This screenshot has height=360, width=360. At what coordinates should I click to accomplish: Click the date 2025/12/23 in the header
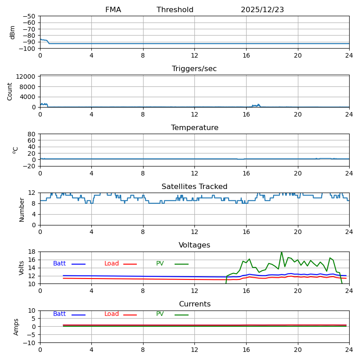point(262,10)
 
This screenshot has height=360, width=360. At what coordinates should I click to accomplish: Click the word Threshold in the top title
point(175,10)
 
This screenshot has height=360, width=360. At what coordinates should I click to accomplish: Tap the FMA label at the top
point(113,10)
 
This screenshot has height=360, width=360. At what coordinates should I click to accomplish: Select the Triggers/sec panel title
point(194,69)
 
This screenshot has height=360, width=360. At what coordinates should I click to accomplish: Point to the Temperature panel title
point(194,128)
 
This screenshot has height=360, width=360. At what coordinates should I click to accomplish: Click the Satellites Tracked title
point(194,187)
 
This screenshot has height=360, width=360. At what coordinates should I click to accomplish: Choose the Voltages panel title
point(194,245)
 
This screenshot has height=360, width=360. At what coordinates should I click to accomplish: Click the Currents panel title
point(194,304)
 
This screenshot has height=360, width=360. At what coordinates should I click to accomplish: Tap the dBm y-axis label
point(13,32)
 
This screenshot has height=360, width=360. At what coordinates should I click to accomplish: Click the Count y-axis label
point(10,91)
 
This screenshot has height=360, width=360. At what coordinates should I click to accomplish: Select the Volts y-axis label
point(22,268)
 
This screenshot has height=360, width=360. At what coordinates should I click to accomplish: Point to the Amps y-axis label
point(16,327)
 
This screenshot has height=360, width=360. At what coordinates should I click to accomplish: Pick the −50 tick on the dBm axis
point(29,16)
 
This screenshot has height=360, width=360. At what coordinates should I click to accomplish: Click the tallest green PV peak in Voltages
point(282,252)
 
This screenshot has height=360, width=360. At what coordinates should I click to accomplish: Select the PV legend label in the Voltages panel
point(160,264)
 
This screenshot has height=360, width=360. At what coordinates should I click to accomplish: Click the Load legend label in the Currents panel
point(112,314)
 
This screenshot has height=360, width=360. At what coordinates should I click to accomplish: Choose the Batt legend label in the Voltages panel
point(59,264)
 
